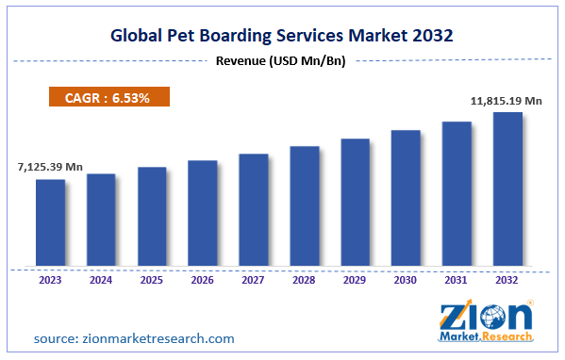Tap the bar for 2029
(x=355, y=202)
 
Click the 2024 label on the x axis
(x=101, y=279)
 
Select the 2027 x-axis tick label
(x=253, y=279)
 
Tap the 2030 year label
(x=406, y=279)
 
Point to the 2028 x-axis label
(x=304, y=279)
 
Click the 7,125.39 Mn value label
(x=51, y=167)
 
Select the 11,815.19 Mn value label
(x=507, y=100)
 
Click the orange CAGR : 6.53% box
(x=108, y=96)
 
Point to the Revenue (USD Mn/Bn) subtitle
(x=282, y=61)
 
